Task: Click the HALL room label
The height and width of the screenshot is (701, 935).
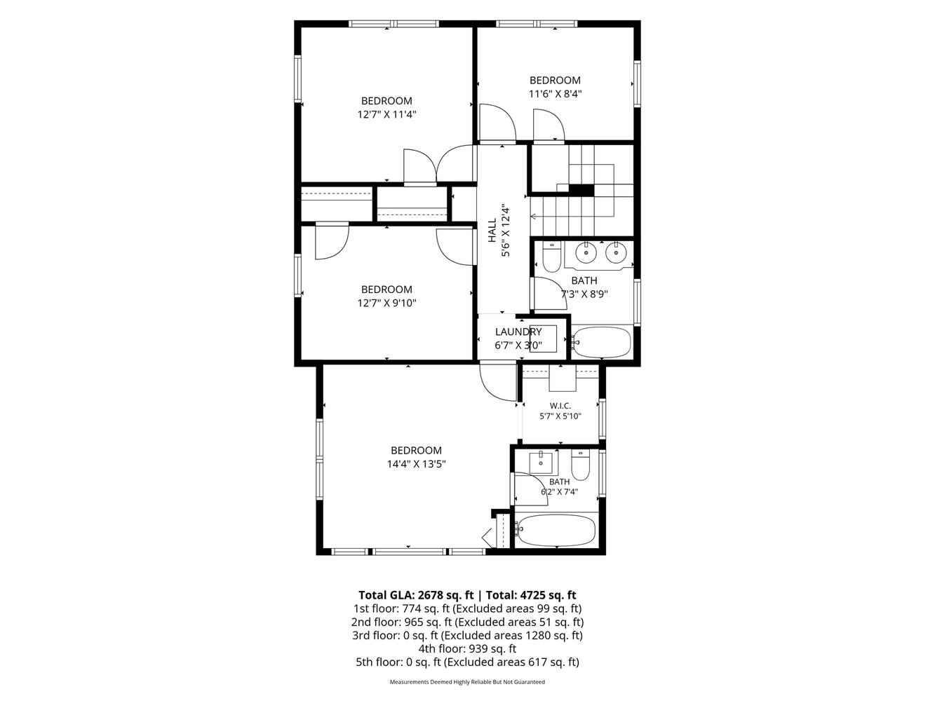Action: click(492, 230)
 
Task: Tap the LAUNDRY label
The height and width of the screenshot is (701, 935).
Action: click(518, 332)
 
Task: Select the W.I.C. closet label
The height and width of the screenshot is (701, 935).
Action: click(560, 406)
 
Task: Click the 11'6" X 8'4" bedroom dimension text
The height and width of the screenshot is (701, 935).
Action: click(555, 94)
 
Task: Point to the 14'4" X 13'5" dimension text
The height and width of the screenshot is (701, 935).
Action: click(416, 463)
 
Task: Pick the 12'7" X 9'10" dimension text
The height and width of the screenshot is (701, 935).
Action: click(386, 303)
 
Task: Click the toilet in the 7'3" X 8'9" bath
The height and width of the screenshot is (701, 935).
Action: click(552, 257)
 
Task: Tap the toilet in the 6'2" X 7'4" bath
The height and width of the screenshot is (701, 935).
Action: click(580, 465)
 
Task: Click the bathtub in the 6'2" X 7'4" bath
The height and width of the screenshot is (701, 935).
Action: click(556, 531)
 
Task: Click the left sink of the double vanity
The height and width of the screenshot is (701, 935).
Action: click(586, 253)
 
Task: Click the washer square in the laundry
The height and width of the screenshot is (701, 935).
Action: click(543, 339)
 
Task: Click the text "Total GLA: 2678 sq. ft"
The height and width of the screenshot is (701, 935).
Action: click(416, 595)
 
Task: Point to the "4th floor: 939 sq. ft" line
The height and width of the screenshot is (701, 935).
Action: click(467, 648)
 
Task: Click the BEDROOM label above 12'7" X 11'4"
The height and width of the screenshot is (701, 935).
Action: click(386, 101)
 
